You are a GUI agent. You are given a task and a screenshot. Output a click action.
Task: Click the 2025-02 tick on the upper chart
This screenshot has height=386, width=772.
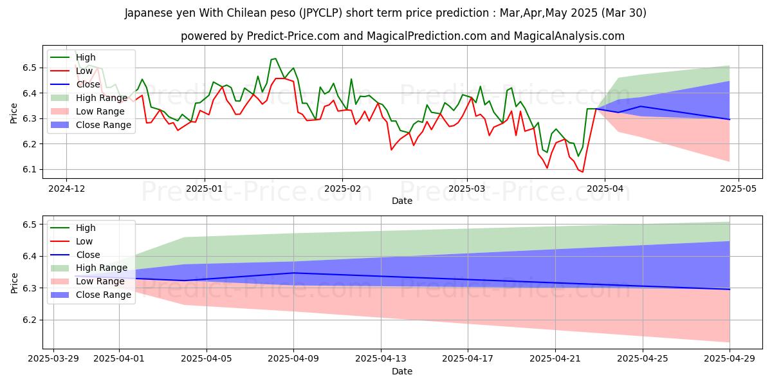342,188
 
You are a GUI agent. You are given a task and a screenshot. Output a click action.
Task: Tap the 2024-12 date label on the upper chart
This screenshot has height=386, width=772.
66,188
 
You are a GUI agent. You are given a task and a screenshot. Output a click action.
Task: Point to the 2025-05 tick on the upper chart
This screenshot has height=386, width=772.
738,188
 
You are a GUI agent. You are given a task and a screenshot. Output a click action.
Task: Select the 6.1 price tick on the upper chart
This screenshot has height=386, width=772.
28,170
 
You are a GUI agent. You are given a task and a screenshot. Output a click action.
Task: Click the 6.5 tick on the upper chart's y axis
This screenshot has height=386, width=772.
28,68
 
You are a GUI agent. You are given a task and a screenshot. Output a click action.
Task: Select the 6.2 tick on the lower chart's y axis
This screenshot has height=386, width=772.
28,320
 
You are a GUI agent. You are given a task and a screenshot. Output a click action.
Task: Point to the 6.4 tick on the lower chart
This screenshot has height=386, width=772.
28,257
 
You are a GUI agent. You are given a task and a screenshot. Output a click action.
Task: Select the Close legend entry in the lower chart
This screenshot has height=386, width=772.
88,255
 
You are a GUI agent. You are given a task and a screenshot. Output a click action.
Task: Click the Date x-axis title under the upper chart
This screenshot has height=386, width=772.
402,201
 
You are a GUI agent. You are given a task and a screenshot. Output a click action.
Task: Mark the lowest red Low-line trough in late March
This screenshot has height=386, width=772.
582,172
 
